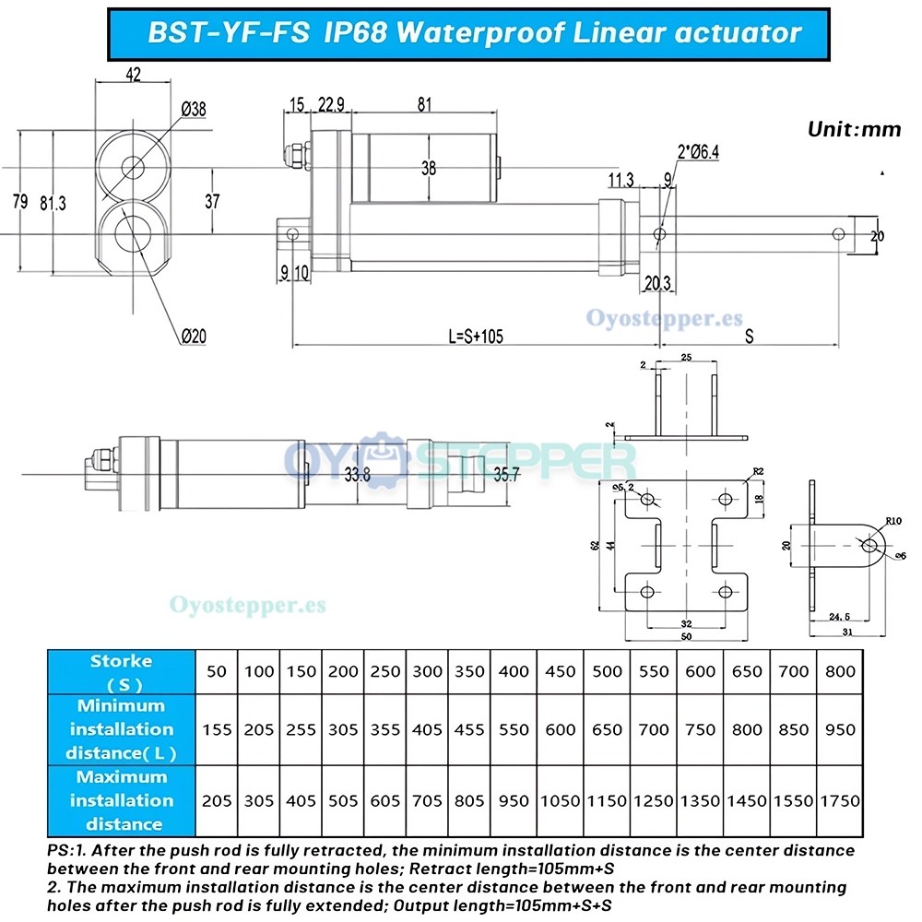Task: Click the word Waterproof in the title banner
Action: click(x=484, y=33)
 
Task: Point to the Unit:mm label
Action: click(x=854, y=129)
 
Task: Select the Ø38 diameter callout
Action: click(x=194, y=110)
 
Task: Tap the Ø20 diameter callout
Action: click(x=194, y=337)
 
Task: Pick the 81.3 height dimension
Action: click(x=53, y=204)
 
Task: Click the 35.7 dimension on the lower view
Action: click(x=507, y=475)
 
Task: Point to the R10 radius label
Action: click(x=892, y=521)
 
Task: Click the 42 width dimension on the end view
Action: click(x=133, y=76)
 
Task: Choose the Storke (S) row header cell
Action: click(x=122, y=672)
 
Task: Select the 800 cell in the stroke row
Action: click(x=840, y=671)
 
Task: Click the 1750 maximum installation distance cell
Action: click(x=840, y=801)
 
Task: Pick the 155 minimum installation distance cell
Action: click(x=217, y=730)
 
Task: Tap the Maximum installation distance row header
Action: click(x=122, y=800)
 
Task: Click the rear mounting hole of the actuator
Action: click(x=293, y=234)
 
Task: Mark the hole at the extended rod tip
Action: click(x=837, y=234)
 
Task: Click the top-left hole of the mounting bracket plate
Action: click(x=647, y=500)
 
